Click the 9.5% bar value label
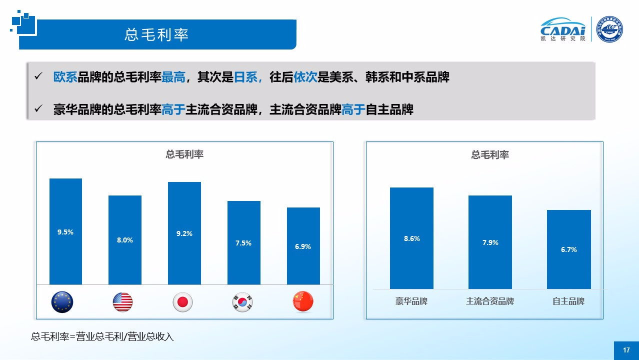coord(65,232)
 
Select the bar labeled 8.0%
coord(125,240)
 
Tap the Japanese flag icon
coord(182,302)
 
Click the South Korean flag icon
coord(242,302)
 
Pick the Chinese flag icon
coord(302,301)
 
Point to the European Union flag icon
coord(62,302)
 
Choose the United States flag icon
coord(122,302)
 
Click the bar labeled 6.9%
coord(303,246)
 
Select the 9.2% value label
coord(184,233)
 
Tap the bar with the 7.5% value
coord(243,243)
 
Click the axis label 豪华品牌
coord(411,301)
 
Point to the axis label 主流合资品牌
coord(490,301)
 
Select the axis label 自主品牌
coord(568,301)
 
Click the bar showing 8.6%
coord(411,238)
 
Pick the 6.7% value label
coord(569,249)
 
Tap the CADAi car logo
coord(563,29)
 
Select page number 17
coord(626,350)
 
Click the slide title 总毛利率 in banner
coord(156,34)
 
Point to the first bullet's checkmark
coord(38,76)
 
